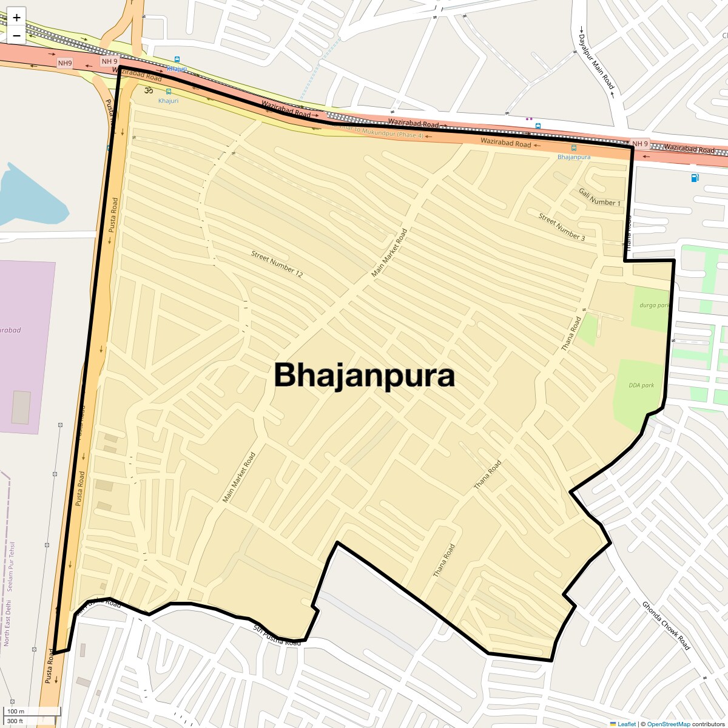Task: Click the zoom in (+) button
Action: tap(16, 18)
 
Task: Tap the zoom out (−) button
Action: tap(16, 35)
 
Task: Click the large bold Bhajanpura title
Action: tap(364, 376)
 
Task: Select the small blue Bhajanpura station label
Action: tap(573, 157)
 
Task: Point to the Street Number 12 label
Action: tap(277, 264)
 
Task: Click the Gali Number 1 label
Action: tap(599, 197)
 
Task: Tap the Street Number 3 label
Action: tap(562, 227)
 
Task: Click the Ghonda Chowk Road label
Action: tap(666, 625)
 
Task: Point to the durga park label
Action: tap(654, 305)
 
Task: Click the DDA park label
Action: tap(641, 385)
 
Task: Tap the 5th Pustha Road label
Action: tap(277, 635)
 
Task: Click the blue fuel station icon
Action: tap(694, 178)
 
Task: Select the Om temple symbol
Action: tap(148, 91)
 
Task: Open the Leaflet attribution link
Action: tap(627, 724)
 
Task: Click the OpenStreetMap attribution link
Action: tap(669, 724)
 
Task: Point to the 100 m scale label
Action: tap(16, 712)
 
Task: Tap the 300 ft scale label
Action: tap(15, 721)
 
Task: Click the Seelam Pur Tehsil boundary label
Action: tap(12, 567)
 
